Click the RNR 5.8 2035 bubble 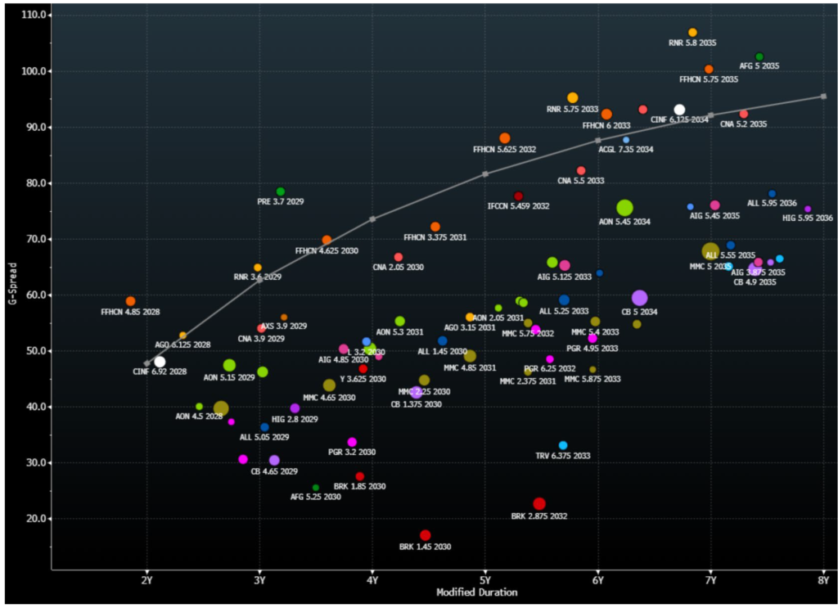tap(693, 33)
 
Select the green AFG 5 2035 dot tap(759, 56)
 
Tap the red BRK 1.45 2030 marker tap(426, 535)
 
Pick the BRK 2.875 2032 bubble tap(539, 504)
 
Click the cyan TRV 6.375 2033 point tap(563, 446)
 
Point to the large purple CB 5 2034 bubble tap(640, 299)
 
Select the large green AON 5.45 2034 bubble tap(625, 209)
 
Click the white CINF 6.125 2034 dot tap(679, 110)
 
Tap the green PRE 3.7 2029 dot tap(281, 191)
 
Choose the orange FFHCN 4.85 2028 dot tap(131, 301)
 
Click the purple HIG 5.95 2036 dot tap(808, 209)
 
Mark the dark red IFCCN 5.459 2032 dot tap(518, 196)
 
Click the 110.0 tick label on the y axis tap(35, 16)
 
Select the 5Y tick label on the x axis tap(485, 580)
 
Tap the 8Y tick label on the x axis tap(823, 580)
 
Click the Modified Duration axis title tap(476, 592)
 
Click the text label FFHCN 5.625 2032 tap(505, 150)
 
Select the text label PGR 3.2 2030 tap(352, 452)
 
